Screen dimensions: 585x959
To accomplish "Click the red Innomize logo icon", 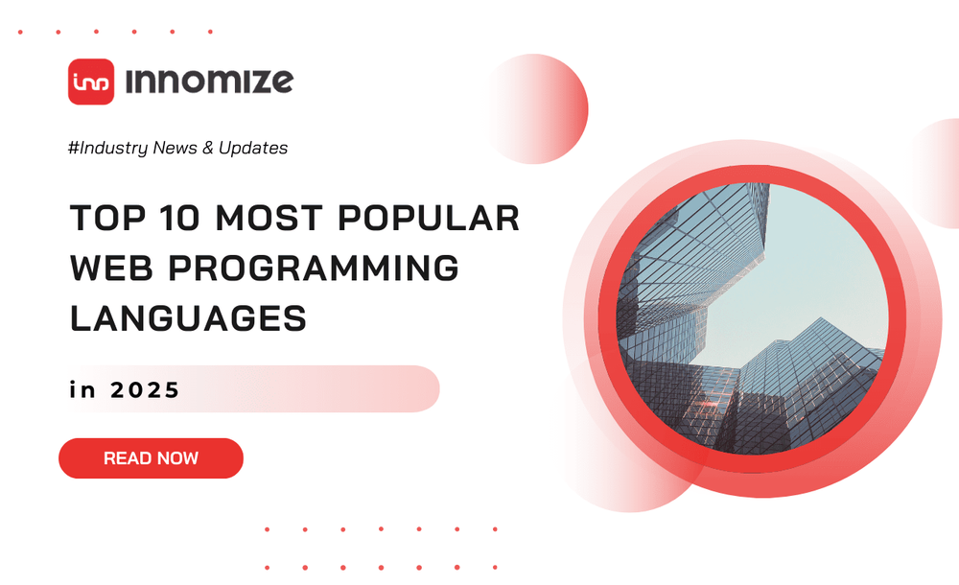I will click(91, 82).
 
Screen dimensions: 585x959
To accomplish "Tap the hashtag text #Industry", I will click(108, 148).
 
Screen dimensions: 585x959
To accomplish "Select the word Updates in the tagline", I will click(252, 148).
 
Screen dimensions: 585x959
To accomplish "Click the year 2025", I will click(144, 390).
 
